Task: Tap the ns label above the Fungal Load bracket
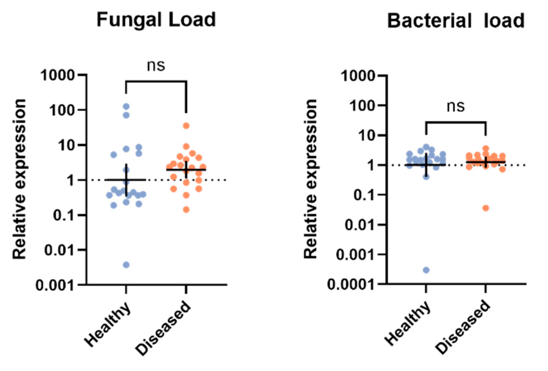[x=156, y=66]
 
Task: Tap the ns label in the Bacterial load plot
[x=456, y=106]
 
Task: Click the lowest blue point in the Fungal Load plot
[x=126, y=265]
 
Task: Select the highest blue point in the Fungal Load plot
[x=126, y=106]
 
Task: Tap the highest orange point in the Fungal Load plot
[x=186, y=126]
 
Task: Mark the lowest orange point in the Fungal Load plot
[x=186, y=210]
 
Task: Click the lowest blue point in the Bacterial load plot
[x=426, y=270]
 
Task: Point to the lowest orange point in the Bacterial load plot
[x=486, y=208]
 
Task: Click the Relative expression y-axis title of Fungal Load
[x=20, y=180]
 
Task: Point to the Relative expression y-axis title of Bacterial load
[x=311, y=180]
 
